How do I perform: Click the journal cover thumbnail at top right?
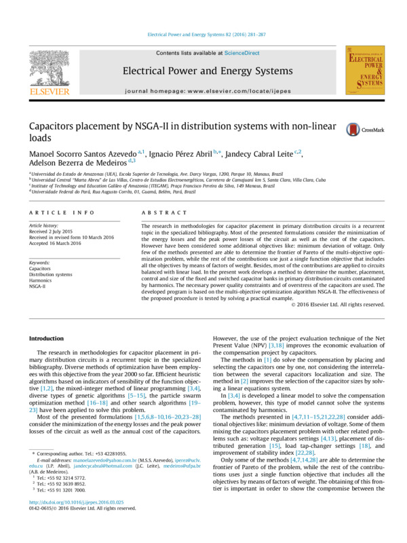365,70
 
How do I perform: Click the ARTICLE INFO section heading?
56,212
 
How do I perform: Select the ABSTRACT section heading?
162,212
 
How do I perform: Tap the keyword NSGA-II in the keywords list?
37,286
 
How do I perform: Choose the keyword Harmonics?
41,280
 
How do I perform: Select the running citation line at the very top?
203,35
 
